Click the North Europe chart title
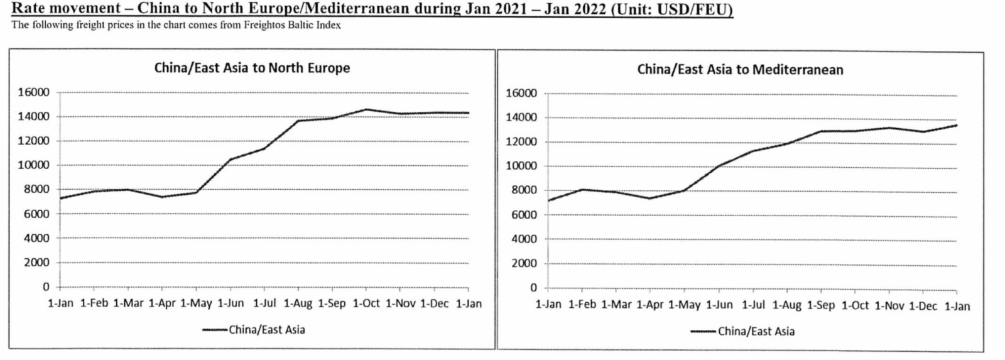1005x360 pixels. (x=252, y=68)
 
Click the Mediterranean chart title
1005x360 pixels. (x=740, y=70)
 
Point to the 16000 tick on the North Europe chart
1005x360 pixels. (x=34, y=92)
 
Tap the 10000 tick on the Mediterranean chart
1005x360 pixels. (x=521, y=166)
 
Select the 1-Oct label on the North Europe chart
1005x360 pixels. (x=366, y=303)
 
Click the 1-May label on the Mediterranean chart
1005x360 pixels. (x=684, y=305)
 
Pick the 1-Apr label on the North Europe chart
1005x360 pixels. (x=161, y=303)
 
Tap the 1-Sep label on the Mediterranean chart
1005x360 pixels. (x=820, y=305)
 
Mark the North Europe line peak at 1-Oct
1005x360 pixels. (x=366, y=109)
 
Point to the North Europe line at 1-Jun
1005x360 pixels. (x=231, y=160)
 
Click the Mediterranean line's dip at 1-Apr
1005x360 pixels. (x=649, y=199)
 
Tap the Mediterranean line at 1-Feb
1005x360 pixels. (x=582, y=189)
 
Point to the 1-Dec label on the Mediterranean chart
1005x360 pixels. (x=923, y=306)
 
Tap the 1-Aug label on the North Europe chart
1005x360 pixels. (x=298, y=303)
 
